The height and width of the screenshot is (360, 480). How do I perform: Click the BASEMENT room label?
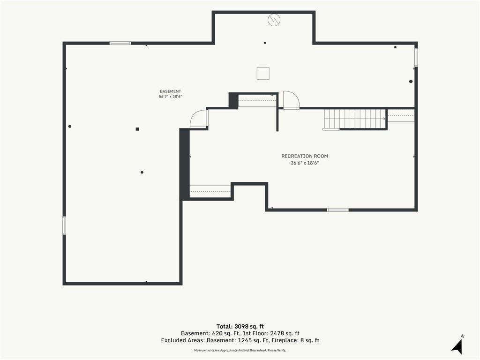pos(170,91)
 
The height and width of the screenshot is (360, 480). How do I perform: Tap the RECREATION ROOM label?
pos(305,156)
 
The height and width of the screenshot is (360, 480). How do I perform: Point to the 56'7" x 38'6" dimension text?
pos(170,97)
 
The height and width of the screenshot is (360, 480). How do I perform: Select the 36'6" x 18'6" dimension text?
pos(305,163)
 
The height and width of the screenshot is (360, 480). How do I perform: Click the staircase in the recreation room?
pos(355,119)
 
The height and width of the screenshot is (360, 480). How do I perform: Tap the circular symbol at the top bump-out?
pos(274,20)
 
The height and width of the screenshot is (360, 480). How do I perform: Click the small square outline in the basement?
pos(263,74)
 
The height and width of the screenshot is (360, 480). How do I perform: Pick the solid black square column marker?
pos(137,129)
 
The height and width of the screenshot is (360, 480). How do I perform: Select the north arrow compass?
pos(457,345)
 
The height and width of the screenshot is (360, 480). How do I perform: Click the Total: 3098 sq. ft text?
pos(240,326)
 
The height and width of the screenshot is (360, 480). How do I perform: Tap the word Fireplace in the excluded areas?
pos(285,340)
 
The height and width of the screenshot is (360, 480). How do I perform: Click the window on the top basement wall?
pos(120,43)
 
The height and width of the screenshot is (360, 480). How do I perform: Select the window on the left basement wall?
pos(64,225)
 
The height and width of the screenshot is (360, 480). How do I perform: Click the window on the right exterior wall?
pos(416,57)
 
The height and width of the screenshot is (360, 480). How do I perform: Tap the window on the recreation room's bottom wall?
pos(337,210)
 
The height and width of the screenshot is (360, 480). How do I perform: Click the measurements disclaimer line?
pos(240,350)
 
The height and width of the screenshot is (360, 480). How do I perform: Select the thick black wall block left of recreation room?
pos(184,165)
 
